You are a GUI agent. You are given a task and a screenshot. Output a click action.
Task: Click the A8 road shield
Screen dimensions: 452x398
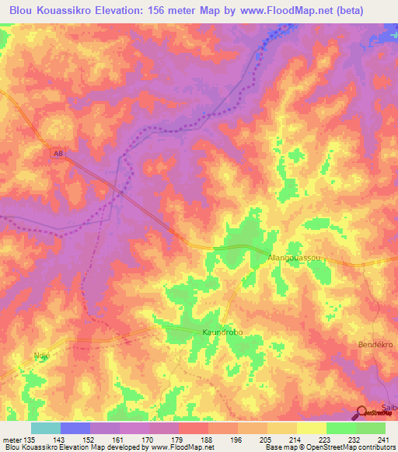point(58,153)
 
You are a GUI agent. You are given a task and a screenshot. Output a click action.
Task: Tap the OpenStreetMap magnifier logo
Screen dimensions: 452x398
point(363,413)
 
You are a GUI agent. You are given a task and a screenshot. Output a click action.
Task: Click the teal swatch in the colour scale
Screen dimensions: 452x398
point(46,428)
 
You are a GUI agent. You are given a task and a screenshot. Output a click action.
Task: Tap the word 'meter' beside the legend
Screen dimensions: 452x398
point(12,439)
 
